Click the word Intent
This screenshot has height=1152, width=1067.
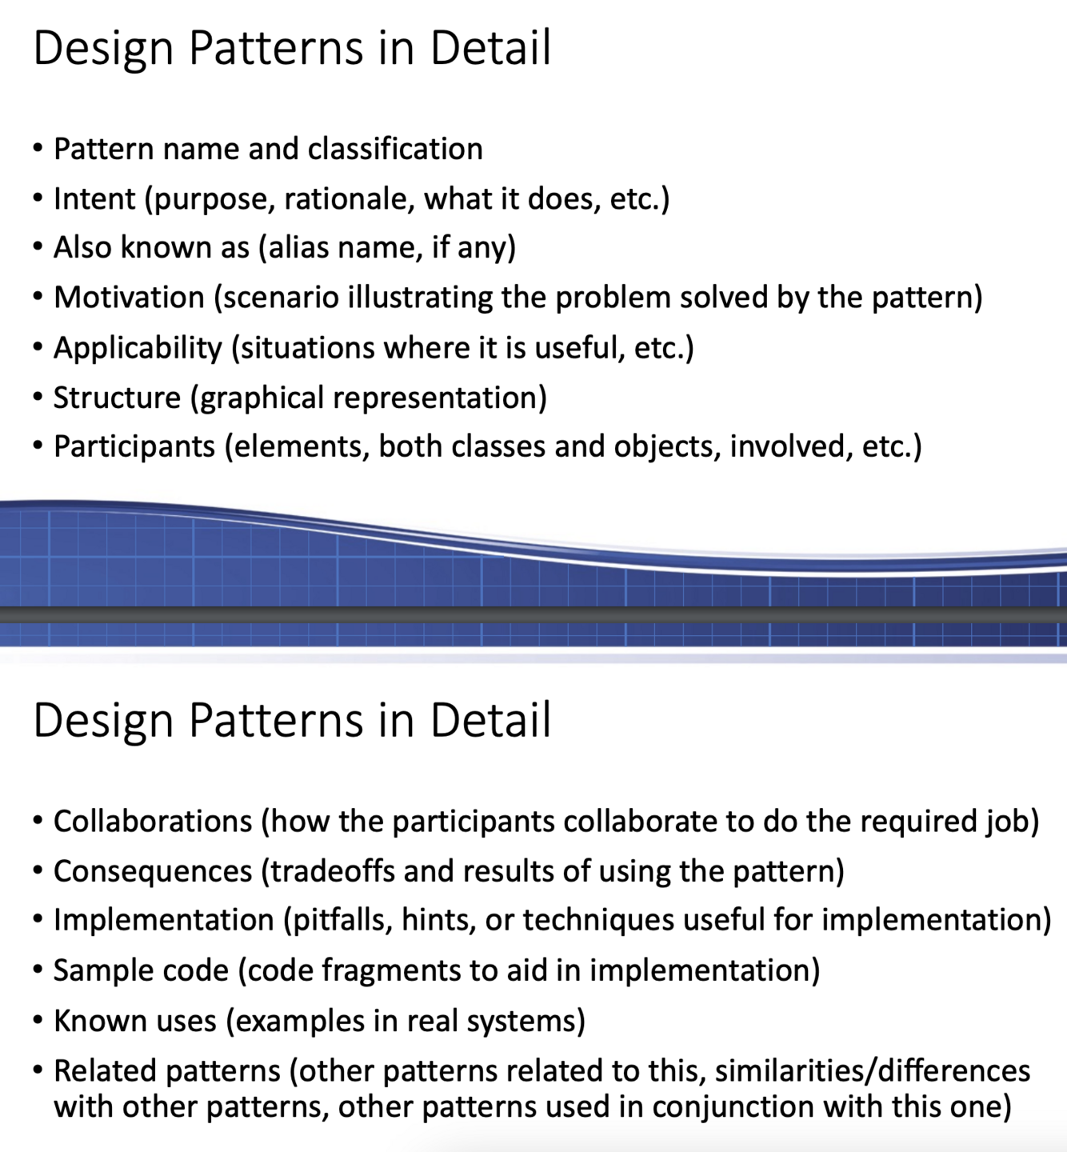[94, 198]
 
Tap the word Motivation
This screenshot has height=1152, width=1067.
[129, 298]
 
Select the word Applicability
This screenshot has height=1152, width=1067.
[138, 348]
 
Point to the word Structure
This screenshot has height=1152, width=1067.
[117, 398]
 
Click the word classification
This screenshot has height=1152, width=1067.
[395, 149]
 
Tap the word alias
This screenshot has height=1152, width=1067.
[297, 248]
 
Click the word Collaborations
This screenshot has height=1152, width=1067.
[153, 822]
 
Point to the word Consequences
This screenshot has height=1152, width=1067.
[153, 871]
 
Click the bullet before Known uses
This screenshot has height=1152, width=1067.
[38, 1021]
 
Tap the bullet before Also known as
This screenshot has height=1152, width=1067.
[38, 248]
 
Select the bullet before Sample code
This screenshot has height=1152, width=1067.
[38, 970]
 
